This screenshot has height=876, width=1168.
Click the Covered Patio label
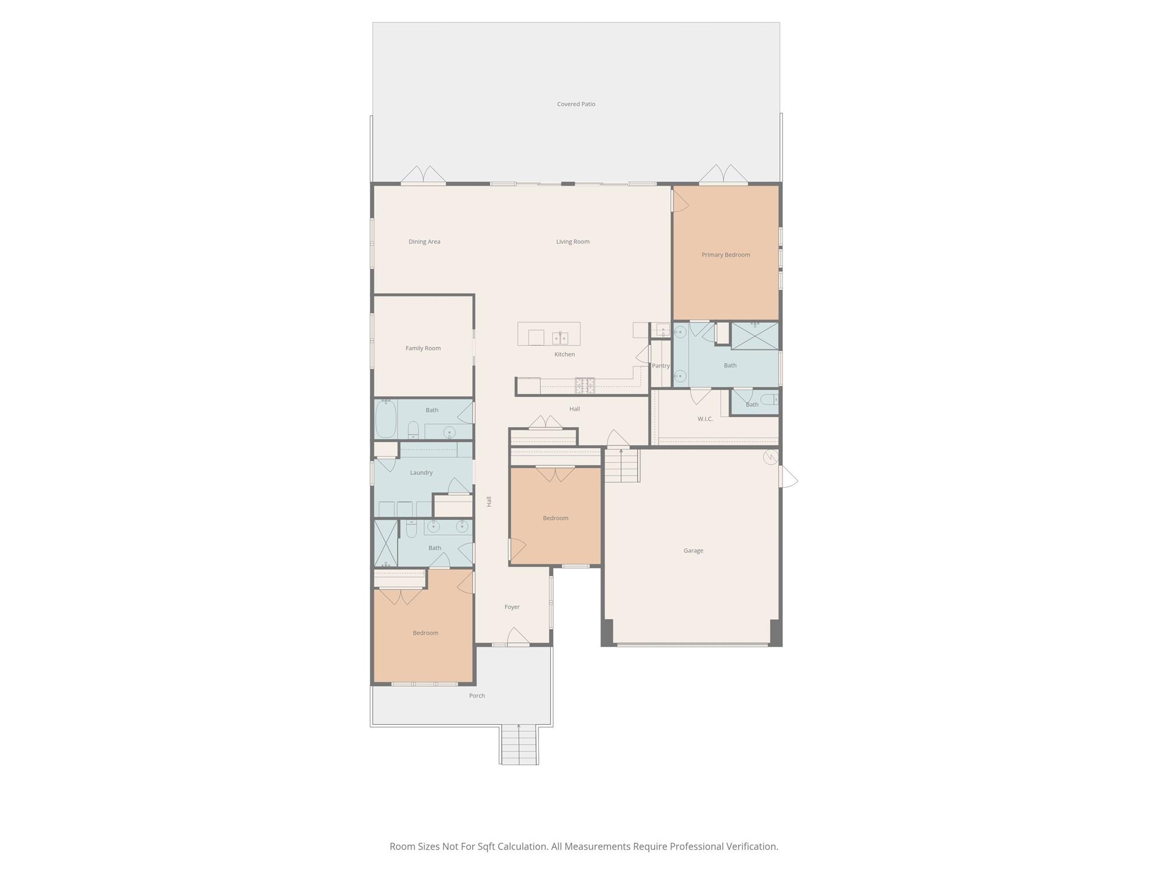click(x=576, y=104)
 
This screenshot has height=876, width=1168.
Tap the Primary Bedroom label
click(x=725, y=255)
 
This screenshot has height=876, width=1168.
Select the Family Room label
click(x=423, y=348)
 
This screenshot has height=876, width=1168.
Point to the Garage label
click(x=693, y=551)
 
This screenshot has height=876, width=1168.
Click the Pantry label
click(x=660, y=366)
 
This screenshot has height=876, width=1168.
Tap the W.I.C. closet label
click(x=705, y=419)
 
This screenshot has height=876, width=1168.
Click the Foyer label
click(x=512, y=607)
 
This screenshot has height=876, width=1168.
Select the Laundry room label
click(x=421, y=473)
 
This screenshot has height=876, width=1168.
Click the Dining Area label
click(x=424, y=242)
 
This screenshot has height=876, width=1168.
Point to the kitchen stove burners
click(x=585, y=386)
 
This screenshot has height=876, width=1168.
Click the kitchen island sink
click(x=560, y=338)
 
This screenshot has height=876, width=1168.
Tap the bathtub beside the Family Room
click(x=386, y=419)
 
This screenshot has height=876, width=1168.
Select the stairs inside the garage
click(x=621, y=465)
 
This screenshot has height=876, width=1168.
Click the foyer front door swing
click(x=518, y=637)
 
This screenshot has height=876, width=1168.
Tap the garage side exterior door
click(x=788, y=477)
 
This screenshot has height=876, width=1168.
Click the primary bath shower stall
click(x=755, y=336)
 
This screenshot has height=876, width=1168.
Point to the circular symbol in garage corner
click(x=770, y=457)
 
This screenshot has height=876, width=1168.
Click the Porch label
click(x=477, y=696)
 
